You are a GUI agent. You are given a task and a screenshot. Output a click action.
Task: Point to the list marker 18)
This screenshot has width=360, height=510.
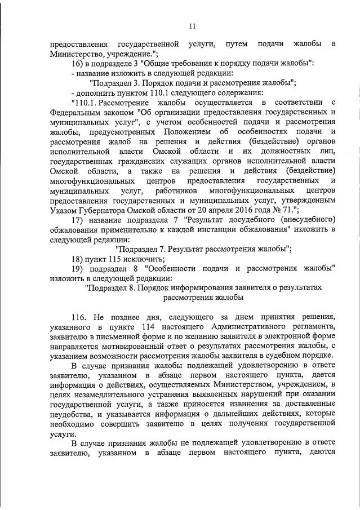[77, 259]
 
